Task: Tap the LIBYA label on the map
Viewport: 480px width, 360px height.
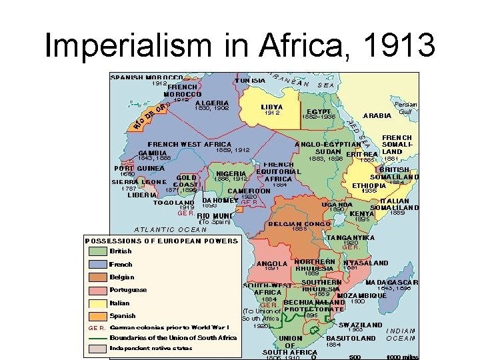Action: [x=272, y=107]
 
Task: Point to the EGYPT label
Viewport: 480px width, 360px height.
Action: [x=318, y=111]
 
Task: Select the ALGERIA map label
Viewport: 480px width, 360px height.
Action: [x=213, y=103]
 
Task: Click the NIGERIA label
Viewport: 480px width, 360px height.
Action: [x=231, y=173]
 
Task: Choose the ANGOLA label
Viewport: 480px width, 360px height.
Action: [x=271, y=263]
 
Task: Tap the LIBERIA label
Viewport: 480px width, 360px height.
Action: [x=142, y=195]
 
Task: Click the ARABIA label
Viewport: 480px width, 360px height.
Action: [x=377, y=115]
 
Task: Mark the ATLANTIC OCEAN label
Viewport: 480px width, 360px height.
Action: [x=170, y=229]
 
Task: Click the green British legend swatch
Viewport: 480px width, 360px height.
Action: [x=98, y=251]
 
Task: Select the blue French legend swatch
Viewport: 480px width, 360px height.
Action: [x=98, y=264]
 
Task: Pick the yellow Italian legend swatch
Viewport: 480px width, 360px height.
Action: [x=98, y=303]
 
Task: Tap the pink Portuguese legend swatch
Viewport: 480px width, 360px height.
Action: [x=98, y=290]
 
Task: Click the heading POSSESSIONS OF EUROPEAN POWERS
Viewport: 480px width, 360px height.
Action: [x=161, y=241]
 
